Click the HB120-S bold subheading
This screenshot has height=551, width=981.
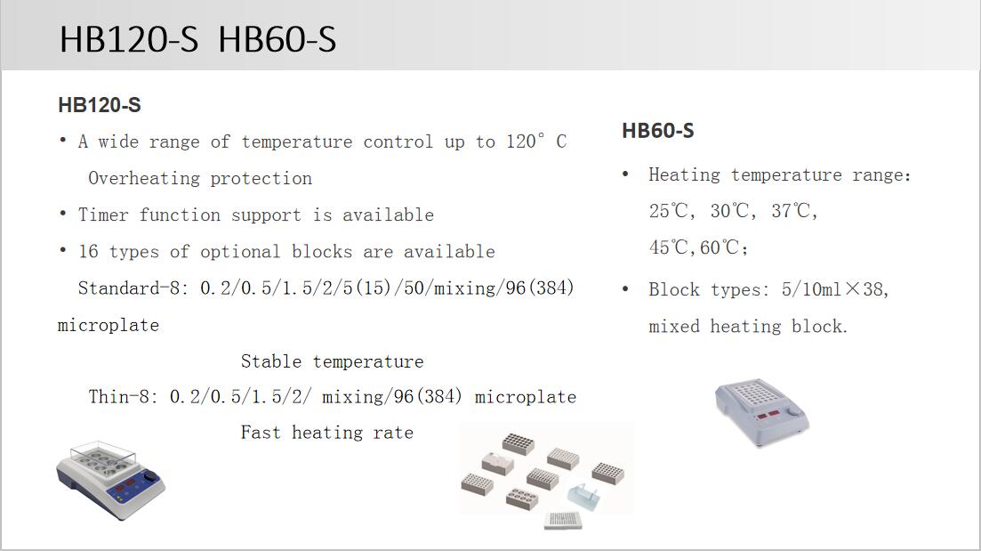pos(99,105)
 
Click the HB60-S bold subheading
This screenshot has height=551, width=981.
pos(657,131)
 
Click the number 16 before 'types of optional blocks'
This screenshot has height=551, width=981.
pos(88,251)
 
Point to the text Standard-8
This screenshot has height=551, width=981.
pos(133,288)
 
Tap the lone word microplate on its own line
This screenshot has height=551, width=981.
pos(109,325)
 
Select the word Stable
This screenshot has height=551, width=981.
pos(271,361)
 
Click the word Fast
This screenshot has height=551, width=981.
pos(261,433)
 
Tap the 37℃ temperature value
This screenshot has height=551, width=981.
pos(793,211)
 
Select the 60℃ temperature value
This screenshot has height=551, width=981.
pos(721,247)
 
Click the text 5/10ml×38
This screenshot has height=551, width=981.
pos(835,289)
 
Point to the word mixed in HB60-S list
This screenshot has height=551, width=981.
pos(674,327)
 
